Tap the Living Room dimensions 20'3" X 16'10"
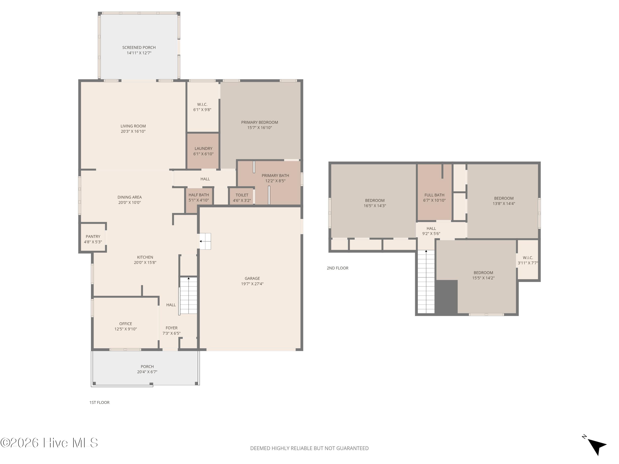(x=133, y=131)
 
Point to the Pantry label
(x=93, y=237)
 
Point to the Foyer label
(x=171, y=328)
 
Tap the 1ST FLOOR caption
(x=99, y=403)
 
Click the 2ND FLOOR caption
(x=338, y=268)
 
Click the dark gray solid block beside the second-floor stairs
(x=446, y=297)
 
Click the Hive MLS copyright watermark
(x=49, y=443)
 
